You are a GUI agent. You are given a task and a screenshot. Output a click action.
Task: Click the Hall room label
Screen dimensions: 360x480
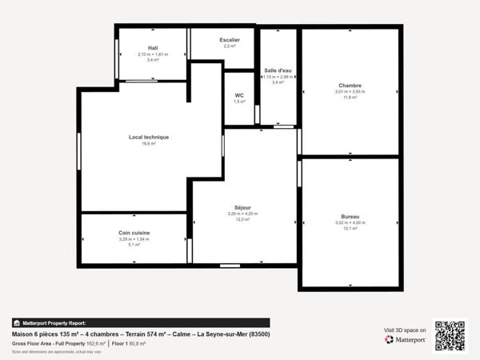pyautogui.click(x=152, y=48)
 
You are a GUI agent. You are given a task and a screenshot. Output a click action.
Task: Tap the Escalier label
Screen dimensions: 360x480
pyautogui.click(x=230, y=40)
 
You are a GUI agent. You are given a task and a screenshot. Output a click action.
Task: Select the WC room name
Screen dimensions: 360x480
pyautogui.click(x=239, y=95)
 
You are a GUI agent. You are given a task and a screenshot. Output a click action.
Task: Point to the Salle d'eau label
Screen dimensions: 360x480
pyautogui.click(x=278, y=70)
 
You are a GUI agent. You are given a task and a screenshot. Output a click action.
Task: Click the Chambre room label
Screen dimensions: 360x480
pyautogui.click(x=350, y=86)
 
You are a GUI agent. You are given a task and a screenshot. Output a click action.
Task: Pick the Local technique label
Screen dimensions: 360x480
pyautogui.click(x=149, y=137)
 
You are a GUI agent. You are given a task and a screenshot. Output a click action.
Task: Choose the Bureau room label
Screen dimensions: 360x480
pyautogui.click(x=350, y=217)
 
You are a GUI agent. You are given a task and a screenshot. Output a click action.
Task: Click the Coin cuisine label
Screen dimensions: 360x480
pyautogui.click(x=134, y=233)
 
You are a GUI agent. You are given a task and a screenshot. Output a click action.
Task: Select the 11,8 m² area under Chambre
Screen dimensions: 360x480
pyautogui.click(x=350, y=98)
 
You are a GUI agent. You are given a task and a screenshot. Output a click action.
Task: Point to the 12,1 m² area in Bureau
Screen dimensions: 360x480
pyautogui.click(x=350, y=229)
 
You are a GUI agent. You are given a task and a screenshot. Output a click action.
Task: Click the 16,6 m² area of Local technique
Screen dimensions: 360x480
pyautogui.click(x=149, y=144)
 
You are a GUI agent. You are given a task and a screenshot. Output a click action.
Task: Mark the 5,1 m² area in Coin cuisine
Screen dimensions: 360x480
pyautogui.click(x=134, y=245)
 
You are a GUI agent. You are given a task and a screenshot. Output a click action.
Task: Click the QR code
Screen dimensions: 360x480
pyautogui.click(x=450, y=336)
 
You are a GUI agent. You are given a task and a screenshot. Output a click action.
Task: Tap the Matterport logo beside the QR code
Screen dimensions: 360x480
pyautogui.click(x=405, y=340)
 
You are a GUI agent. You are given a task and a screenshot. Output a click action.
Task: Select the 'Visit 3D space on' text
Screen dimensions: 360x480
pyautogui.click(x=405, y=329)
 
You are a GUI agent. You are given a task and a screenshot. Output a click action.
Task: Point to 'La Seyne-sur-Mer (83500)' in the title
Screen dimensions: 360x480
pyautogui.click(x=233, y=334)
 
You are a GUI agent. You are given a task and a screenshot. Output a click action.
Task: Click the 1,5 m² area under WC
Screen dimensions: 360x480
pyautogui.click(x=239, y=102)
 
